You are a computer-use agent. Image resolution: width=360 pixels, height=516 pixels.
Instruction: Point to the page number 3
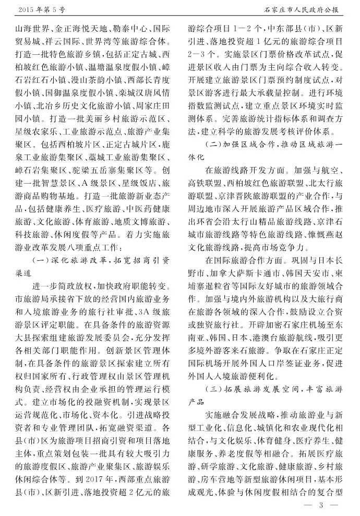(322, 505)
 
